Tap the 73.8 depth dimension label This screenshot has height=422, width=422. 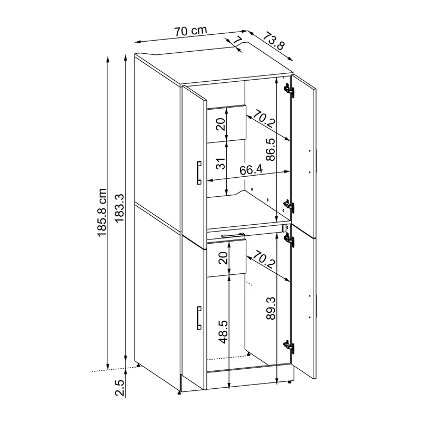273,41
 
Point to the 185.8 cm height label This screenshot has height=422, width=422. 102,213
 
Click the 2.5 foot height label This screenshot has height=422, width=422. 120,388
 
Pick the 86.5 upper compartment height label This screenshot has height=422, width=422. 271,149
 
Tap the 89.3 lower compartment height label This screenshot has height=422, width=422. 271,308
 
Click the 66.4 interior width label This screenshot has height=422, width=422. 251,170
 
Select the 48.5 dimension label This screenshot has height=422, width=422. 223,332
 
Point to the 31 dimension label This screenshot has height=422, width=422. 221,164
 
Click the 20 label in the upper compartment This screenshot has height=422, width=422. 221,124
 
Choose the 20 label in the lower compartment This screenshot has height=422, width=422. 223,257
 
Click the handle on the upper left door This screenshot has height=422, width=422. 199,173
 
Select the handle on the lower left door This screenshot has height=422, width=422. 199,318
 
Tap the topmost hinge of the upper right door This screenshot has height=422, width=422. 289,89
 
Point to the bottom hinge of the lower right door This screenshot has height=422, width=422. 289,346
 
